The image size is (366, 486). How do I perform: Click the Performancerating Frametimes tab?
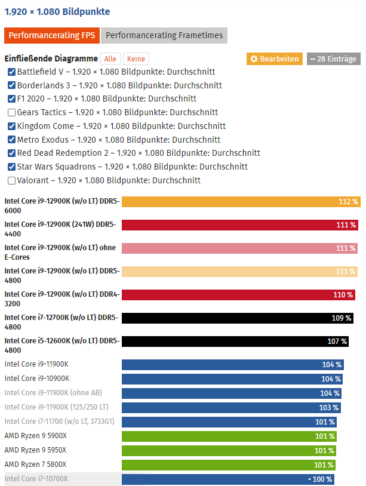[164, 35]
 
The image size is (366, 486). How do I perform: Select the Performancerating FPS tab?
[51, 35]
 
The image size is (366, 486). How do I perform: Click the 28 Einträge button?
[334, 59]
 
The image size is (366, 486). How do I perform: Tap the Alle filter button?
[110, 59]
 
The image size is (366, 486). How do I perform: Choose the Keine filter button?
[136, 59]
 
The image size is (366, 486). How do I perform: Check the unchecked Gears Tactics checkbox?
[12, 112]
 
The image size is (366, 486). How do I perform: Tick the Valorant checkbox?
[12, 180]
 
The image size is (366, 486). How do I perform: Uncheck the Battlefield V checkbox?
[12, 72]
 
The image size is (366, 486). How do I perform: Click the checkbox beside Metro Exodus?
[12, 140]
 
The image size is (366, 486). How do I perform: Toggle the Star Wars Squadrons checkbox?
[12, 167]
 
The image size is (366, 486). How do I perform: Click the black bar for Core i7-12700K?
[237, 318]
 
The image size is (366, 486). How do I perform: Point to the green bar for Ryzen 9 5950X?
[229, 450]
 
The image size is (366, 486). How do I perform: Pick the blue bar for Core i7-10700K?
[227, 479]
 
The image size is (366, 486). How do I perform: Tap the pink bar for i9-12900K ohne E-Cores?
[239, 248]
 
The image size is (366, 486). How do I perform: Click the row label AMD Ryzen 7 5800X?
[35, 465]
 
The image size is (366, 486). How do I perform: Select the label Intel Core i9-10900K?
[37, 379]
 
